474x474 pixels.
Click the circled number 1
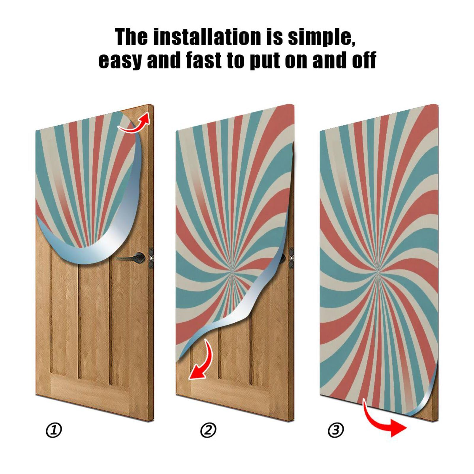click(54, 430)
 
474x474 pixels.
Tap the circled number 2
click(208, 430)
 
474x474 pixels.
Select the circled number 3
click(336, 430)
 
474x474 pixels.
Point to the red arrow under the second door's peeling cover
click(201, 360)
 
